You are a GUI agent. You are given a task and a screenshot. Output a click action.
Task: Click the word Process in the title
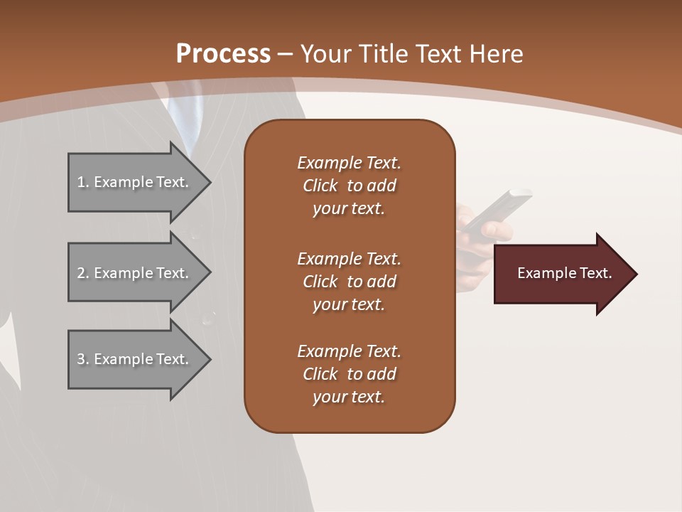223,54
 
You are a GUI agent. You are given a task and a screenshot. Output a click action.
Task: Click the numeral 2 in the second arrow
81,273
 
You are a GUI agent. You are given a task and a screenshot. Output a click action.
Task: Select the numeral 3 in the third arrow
81,359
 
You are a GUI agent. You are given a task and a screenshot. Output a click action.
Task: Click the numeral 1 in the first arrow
81,182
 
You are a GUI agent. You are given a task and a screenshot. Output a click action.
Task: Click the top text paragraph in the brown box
349,186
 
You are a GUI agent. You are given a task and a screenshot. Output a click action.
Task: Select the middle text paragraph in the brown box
349,282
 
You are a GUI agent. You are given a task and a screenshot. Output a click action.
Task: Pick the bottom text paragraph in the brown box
349,374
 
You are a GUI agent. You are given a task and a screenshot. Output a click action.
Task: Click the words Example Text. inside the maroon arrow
564,273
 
